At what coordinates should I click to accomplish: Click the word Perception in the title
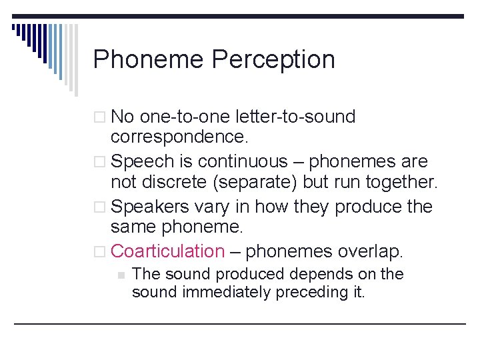pos(273,60)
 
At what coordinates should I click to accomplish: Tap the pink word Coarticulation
pos(168,251)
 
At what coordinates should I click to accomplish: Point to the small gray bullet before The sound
pos(121,275)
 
